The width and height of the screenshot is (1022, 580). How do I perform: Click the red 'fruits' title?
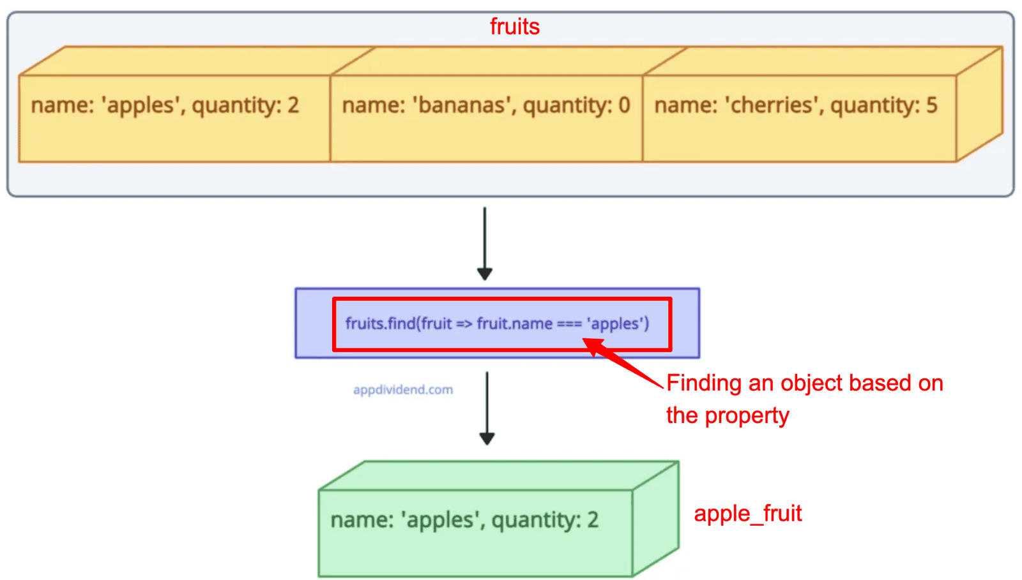(515, 26)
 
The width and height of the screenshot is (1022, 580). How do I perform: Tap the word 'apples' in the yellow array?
(140, 106)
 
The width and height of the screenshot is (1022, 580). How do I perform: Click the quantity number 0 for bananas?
(624, 105)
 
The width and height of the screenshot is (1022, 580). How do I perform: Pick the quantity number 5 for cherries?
(932, 105)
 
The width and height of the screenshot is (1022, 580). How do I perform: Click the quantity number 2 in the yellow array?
(293, 105)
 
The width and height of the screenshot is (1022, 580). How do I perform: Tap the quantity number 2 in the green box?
(593, 520)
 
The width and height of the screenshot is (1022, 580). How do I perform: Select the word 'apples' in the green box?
(440, 520)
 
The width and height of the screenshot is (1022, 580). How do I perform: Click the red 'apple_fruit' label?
(748, 514)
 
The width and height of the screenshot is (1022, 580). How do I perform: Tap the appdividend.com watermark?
(403, 390)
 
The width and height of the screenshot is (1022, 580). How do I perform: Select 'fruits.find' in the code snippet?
(381, 323)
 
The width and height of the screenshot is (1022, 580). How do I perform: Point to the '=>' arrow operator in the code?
(464, 324)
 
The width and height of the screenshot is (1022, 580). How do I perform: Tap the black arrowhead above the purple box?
(485, 274)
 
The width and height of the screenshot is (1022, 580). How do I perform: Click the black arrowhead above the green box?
(487, 439)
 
